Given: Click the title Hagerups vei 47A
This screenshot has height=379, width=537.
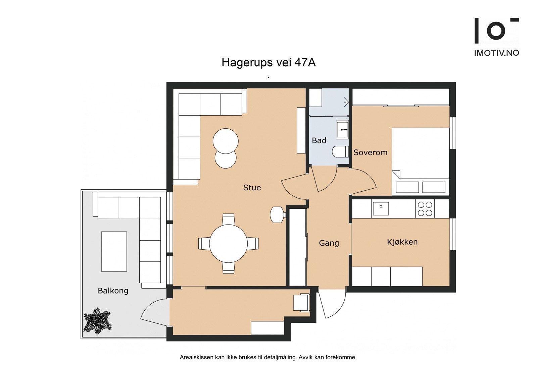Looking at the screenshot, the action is [268, 62].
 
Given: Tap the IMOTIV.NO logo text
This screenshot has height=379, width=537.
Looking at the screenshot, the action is [497, 53].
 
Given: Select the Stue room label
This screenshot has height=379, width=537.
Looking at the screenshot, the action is [252, 187].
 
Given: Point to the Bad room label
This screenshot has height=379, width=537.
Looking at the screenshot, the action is [319, 140].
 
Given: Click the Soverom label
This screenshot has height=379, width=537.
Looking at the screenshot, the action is [371, 152].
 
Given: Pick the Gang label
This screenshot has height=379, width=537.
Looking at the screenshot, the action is [329, 243].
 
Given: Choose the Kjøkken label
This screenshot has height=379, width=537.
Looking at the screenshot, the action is [402, 242].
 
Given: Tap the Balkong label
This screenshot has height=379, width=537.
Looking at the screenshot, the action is [113, 291].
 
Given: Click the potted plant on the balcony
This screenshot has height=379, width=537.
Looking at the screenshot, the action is [97, 321].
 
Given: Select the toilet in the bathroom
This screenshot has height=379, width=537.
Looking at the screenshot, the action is [340, 151].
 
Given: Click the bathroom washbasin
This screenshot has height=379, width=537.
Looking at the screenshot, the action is [342, 130].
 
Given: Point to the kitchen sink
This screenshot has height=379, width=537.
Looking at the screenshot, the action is [381, 208].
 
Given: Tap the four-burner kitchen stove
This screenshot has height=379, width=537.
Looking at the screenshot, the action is [425, 208].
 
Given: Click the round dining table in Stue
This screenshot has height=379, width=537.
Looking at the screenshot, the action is [229, 244].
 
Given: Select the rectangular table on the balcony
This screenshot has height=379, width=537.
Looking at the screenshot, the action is [114, 251].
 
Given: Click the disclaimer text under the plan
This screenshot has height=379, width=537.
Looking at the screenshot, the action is [268, 358].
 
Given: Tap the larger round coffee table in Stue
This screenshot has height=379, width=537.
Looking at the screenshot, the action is [226, 141].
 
